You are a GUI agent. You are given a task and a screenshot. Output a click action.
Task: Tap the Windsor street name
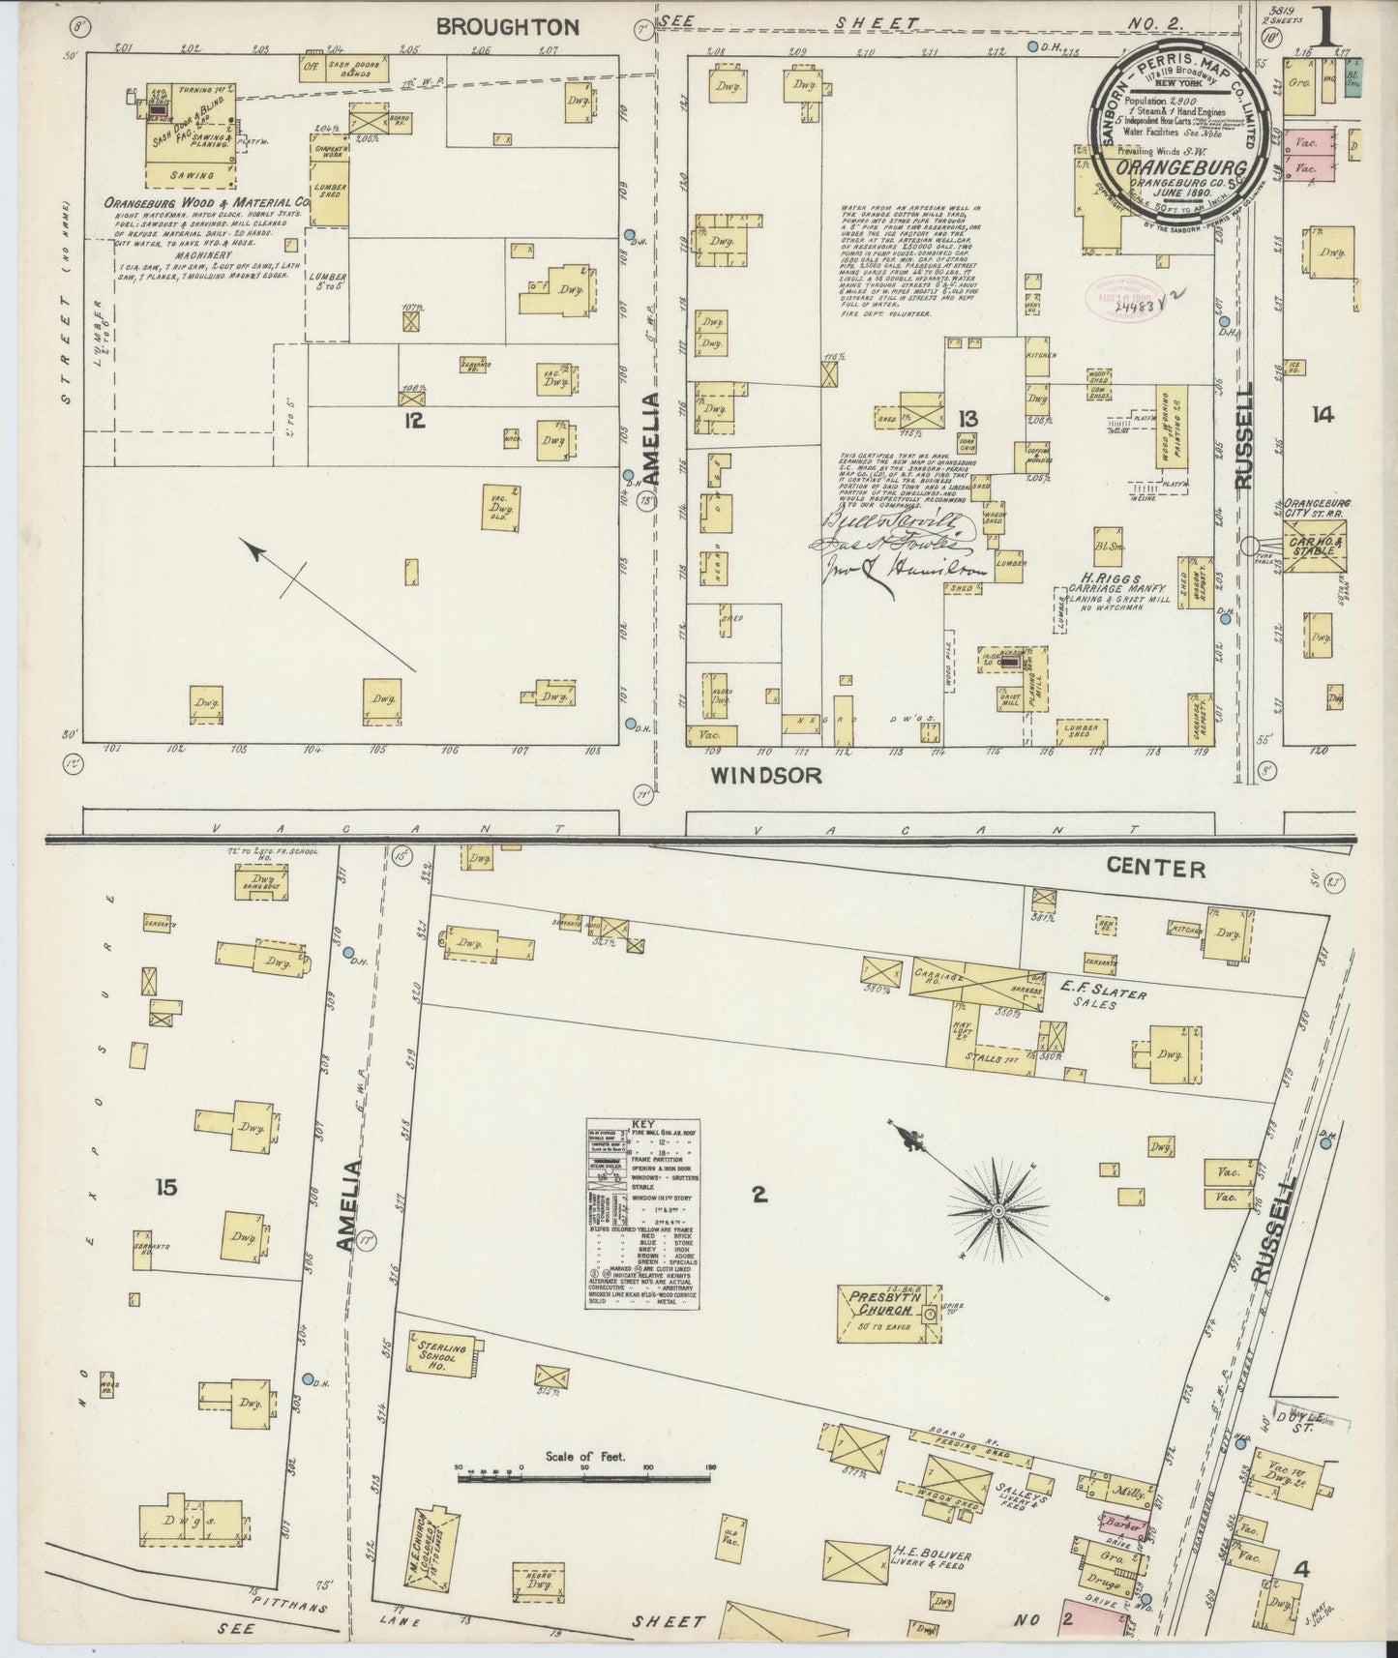pyautogui.click(x=766, y=775)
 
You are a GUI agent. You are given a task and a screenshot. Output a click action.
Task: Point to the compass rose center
pyautogui.click(x=997, y=1210)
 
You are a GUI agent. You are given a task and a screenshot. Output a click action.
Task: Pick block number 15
pyautogui.click(x=166, y=1187)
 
